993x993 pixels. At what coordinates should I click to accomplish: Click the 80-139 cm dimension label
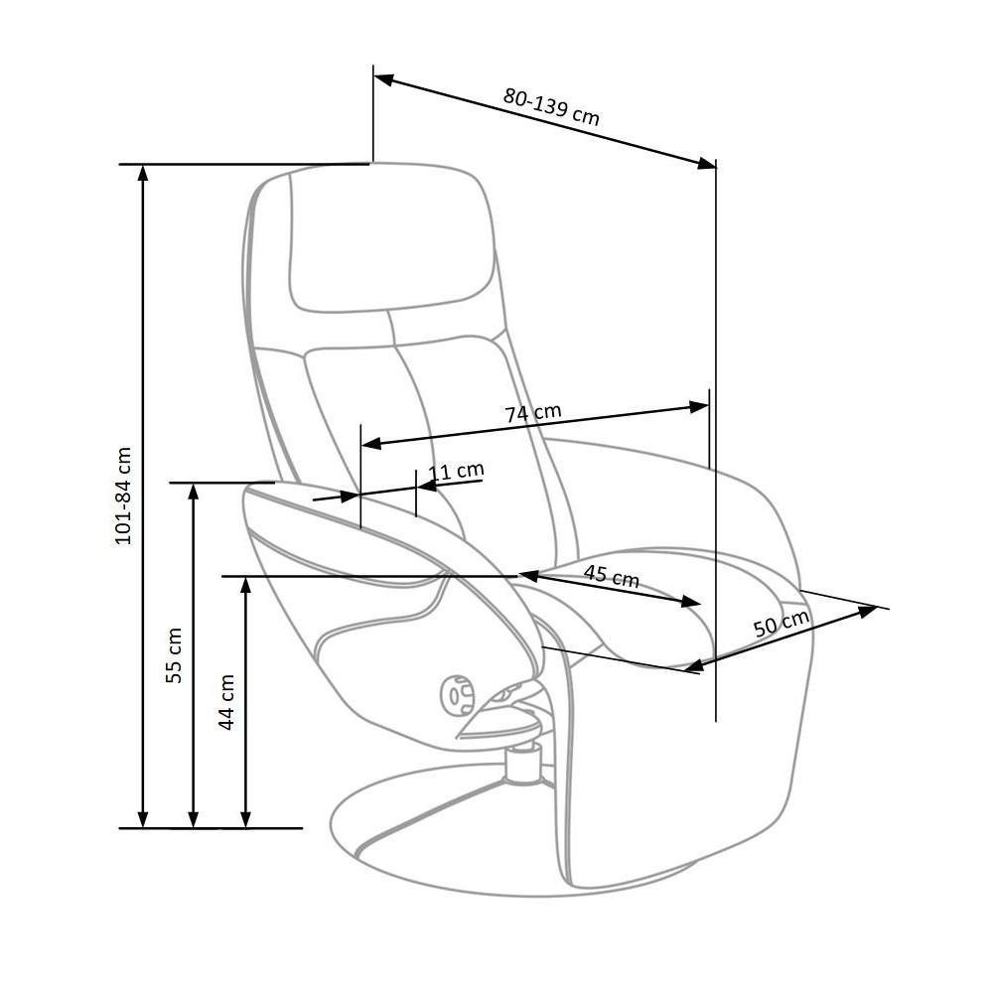point(551,106)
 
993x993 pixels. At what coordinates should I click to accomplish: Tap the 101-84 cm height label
point(123,496)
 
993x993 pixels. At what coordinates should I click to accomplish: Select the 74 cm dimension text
point(533,413)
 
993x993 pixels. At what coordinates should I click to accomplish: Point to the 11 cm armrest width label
point(456,471)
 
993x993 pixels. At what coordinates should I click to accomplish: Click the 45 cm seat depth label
point(611,575)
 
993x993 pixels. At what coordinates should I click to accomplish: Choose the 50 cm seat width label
point(781,624)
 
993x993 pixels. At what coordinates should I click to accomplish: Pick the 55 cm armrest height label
point(174,654)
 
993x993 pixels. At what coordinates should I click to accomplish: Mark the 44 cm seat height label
point(226,702)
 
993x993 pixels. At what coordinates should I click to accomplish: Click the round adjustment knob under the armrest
point(457,696)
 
